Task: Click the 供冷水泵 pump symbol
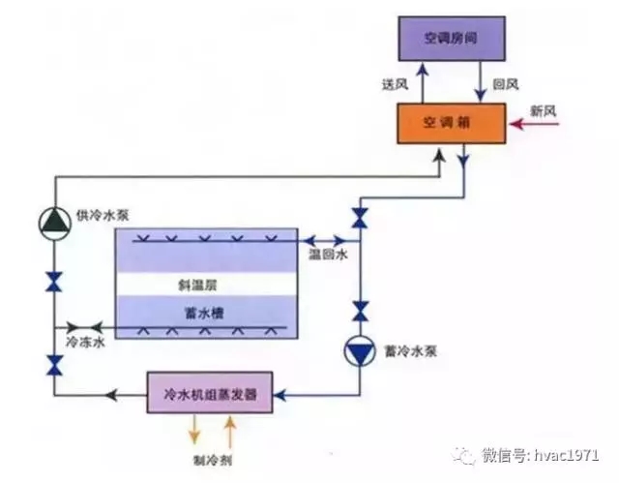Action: point(54,222)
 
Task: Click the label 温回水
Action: point(326,255)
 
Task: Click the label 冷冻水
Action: point(83,341)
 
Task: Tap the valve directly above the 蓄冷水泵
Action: point(360,312)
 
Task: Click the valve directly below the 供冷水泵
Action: point(54,283)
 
